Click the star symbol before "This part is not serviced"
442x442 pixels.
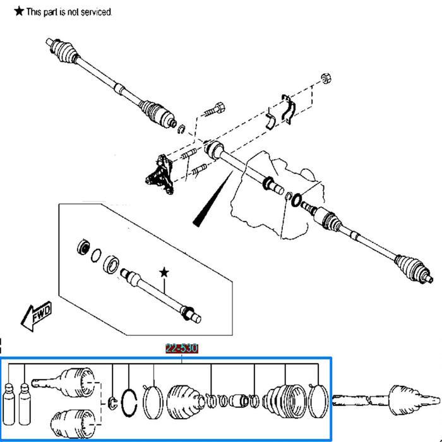(19, 11)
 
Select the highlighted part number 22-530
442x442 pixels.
(182, 349)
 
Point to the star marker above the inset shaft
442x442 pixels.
(164, 272)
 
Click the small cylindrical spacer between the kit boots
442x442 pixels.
(240, 401)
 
